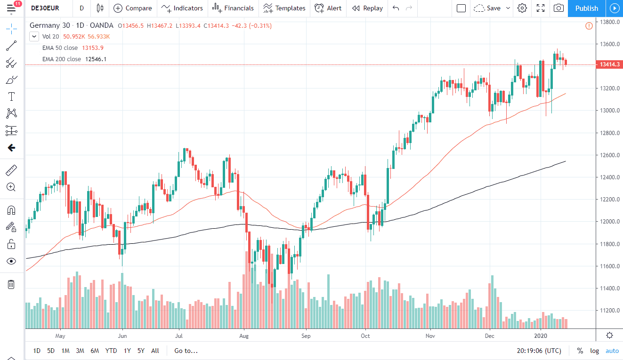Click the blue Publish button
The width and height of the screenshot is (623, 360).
[586, 8]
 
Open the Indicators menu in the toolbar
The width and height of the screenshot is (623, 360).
[182, 8]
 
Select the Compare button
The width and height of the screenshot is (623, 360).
[133, 8]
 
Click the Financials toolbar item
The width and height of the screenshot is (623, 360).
[233, 8]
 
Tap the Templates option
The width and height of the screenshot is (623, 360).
[284, 8]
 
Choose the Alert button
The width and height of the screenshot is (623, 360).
[328, 8]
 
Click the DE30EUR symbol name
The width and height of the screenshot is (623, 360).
[45, 8]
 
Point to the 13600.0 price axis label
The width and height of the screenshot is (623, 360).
[606, 44]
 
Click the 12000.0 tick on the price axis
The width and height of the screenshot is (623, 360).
[606, 222]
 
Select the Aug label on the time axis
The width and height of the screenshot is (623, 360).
[244, 336]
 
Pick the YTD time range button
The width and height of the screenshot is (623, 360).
[111, 351]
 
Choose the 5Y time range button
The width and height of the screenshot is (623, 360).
[141, 351]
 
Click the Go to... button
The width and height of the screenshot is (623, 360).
[186, 351]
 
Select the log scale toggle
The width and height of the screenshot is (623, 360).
[595, 351]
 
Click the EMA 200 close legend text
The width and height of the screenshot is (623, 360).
[62, 59]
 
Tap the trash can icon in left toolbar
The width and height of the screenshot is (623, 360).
[11, 284]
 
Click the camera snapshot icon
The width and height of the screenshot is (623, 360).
[558, 8]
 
